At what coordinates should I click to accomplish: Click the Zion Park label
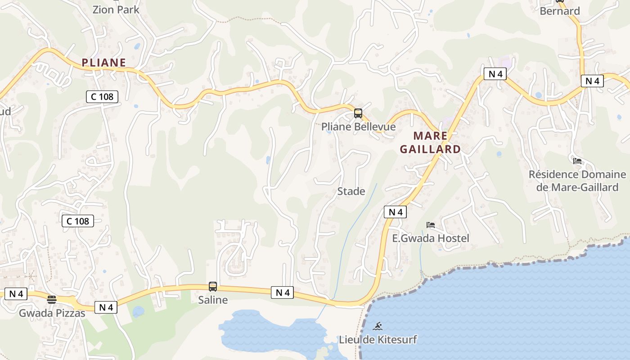tap(116, 9)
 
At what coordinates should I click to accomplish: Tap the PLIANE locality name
tap(103, 63)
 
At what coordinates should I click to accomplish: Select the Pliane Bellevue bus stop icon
tap(358, 113)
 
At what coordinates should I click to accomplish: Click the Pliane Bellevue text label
tap(358, 127)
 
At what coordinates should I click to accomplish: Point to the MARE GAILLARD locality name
tap(430, 142)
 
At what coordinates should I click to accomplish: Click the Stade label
tap(351, 191)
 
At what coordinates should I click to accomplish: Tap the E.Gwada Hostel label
tap(431, 238)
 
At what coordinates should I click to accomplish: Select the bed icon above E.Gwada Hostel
tap(431, 225)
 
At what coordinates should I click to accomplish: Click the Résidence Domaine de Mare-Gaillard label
tap(577, 180)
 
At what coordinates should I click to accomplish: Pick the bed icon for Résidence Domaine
tap(577, 161)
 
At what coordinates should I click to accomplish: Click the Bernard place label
tap(559, 11)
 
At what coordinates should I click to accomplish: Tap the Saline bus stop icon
tap(213, 286)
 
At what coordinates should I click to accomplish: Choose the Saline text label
tap(213, 300)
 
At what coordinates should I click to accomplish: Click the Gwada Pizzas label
tap(52, 313)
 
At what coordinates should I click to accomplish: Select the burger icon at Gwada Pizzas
tap(52, 300)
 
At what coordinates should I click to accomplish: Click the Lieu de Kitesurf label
tap(378, 339)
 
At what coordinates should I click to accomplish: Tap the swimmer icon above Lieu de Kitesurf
tap(378, 326)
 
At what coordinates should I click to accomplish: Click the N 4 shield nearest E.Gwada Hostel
tap(395, 212)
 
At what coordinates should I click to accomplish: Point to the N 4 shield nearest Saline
tap(282, 292)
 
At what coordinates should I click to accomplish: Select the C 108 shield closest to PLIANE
tap(102, 96)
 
